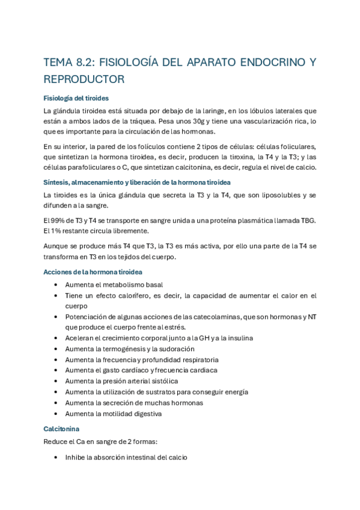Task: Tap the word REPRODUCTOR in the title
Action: coord(84,79)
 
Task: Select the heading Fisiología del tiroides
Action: coord(76,97)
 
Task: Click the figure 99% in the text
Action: coord(62,221)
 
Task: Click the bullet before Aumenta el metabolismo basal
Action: coord(55,285)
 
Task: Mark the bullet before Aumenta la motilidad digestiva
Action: coord(55,414)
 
